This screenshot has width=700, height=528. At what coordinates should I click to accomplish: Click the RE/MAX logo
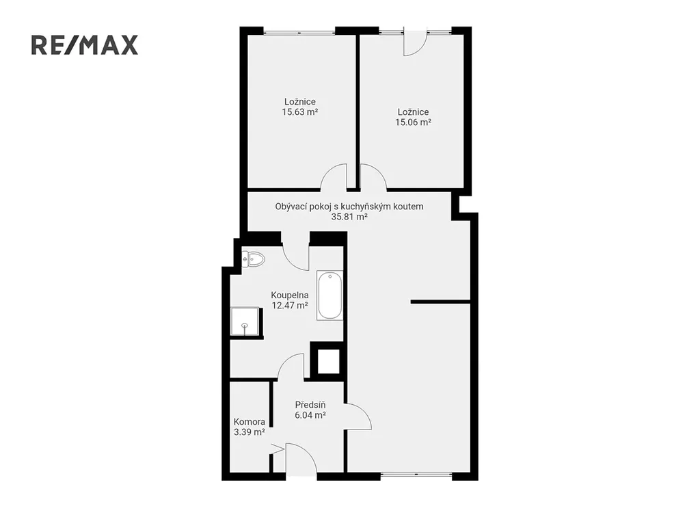(84, 45)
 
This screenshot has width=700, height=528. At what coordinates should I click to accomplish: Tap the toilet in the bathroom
(253, 259)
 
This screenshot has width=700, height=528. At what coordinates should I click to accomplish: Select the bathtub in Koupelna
(330, 295)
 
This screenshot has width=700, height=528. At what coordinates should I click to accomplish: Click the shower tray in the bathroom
(245, 321)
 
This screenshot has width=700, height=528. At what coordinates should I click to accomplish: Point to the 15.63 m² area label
(299, 112)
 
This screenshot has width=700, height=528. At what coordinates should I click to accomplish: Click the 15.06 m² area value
(413, 122)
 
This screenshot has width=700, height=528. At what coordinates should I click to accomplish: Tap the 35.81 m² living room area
(349, 217)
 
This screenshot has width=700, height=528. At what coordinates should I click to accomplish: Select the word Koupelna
(290, 295)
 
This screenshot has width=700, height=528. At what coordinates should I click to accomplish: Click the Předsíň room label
(310, 405)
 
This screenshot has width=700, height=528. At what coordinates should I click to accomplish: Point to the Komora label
(249, 422)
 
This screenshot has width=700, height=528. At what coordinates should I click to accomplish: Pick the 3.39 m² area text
(249, 432)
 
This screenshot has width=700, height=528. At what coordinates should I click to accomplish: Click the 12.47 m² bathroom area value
(290, 306)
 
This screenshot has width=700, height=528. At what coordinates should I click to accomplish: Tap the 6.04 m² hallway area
(310, 415)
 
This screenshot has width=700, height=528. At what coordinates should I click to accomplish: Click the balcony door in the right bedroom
(415, 42)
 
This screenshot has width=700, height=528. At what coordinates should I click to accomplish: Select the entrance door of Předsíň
(301, 458)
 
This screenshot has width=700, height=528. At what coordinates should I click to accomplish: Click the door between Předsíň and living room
(358, 417)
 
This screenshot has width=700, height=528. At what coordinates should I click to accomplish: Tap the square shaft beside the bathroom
(328, 361)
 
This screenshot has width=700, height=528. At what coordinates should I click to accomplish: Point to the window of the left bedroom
(299, 31)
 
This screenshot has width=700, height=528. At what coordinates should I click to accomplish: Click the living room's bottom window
(416, 475)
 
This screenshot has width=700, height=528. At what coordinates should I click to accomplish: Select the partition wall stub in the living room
(441, 302)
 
